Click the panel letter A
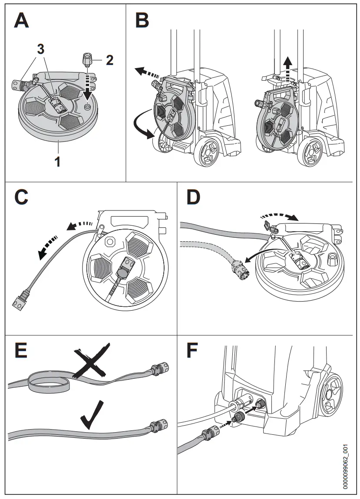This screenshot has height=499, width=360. (21, 21)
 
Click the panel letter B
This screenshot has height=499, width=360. (142, 21)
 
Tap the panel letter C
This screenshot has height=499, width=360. (21, 197)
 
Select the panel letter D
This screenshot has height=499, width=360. (193, 197)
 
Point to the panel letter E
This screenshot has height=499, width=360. (20, 350)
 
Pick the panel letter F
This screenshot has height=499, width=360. (192, 350)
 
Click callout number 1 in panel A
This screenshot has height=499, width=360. (58, 162)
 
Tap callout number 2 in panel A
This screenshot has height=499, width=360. (109, 60)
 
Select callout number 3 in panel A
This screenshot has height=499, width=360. (40, 49)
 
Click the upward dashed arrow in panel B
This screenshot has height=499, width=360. (287, 70)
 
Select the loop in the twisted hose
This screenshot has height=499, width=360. (48, 381)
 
